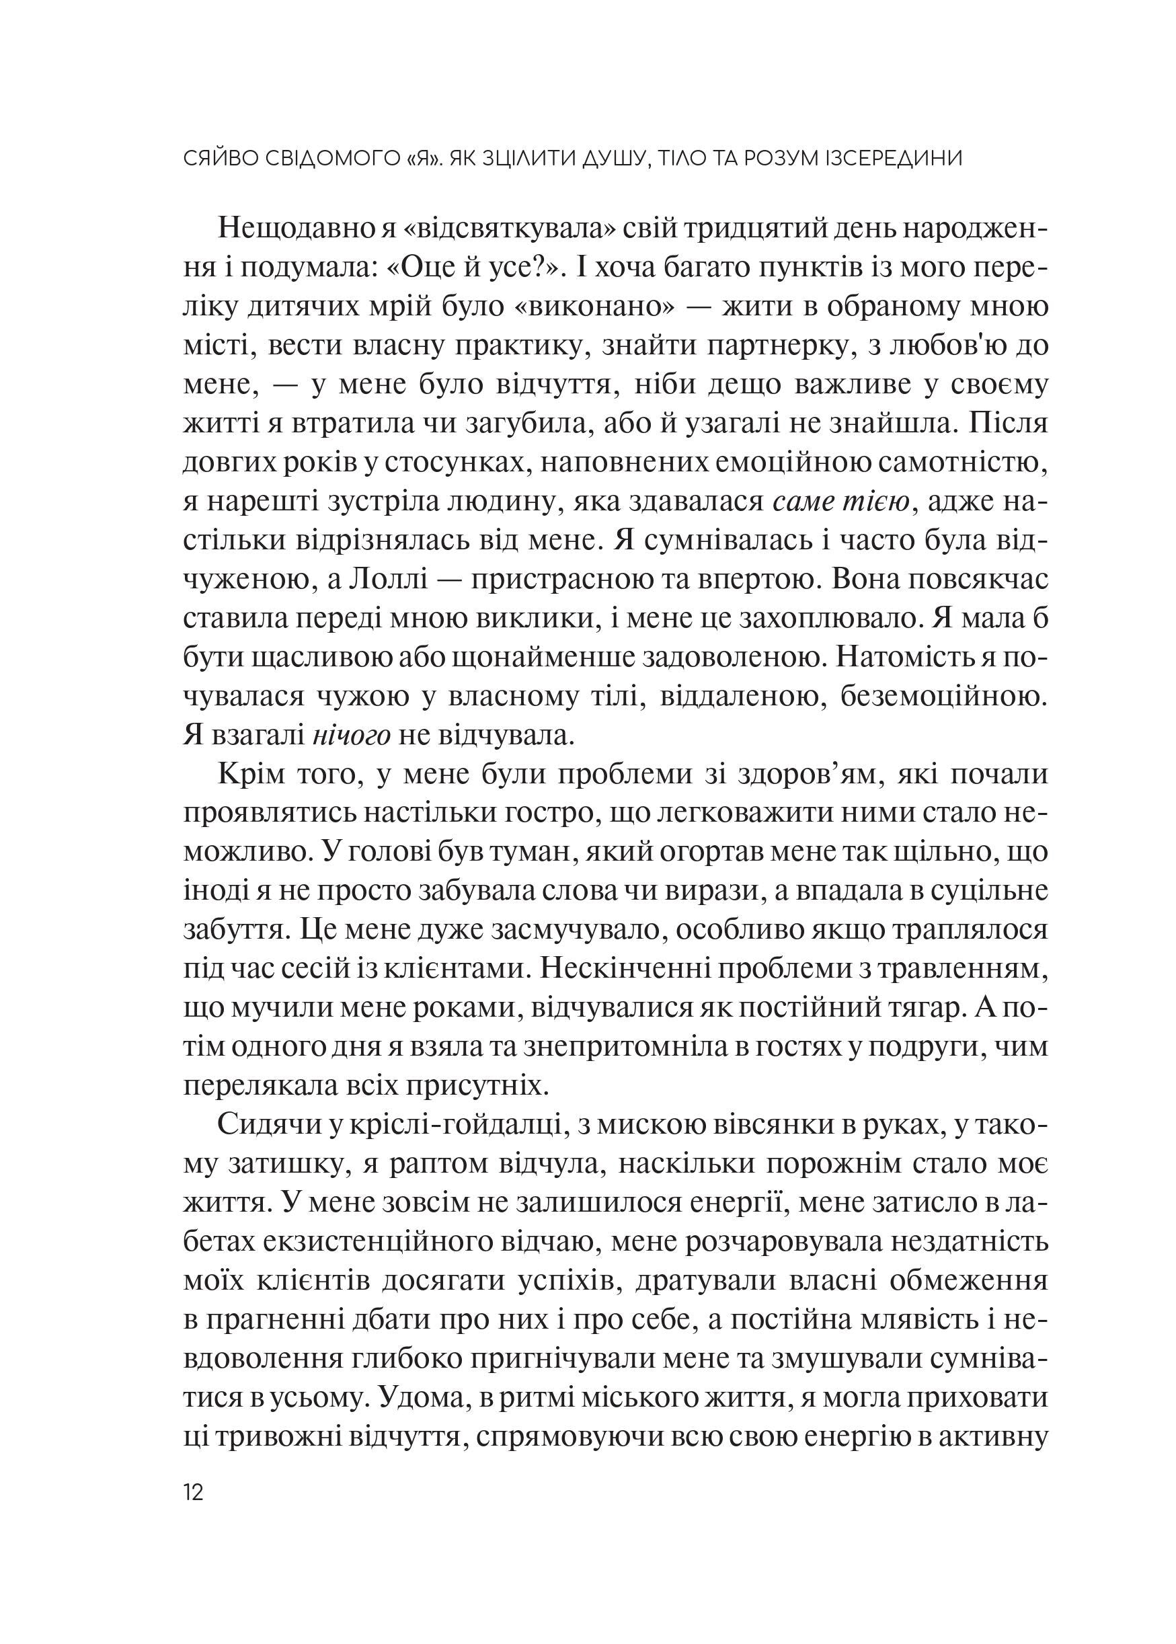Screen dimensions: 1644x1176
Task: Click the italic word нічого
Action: pos(352,735)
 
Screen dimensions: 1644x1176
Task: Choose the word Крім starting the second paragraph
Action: pos(253,774)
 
